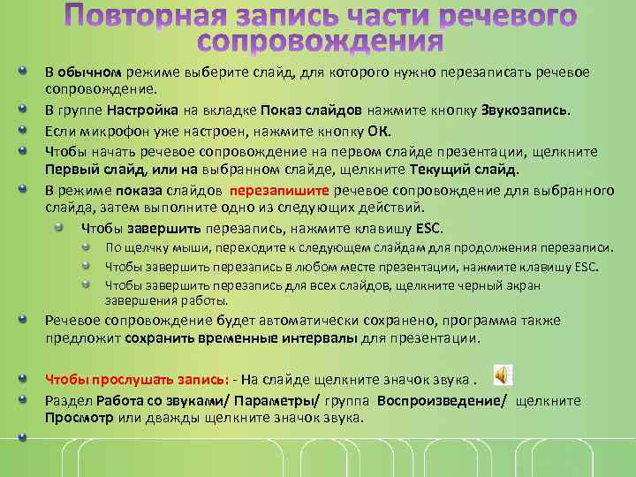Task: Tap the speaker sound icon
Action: [501, 376]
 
